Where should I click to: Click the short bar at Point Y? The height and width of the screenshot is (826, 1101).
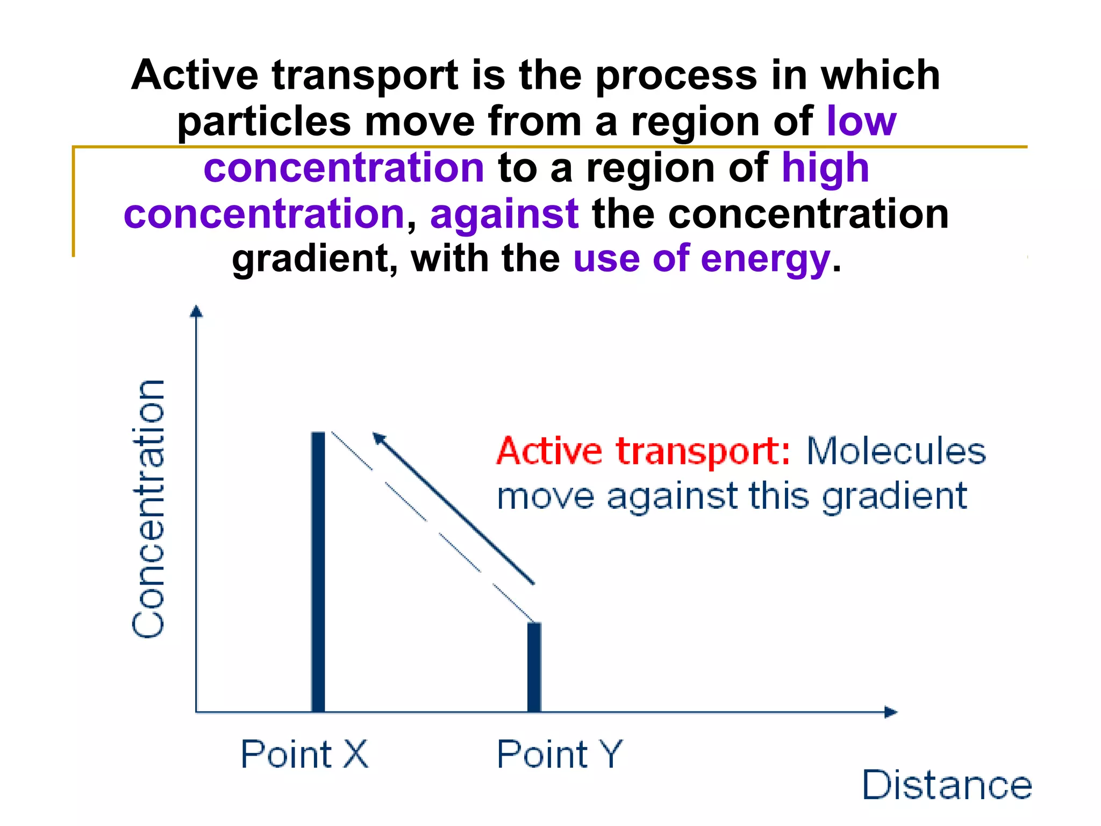pos(534,667)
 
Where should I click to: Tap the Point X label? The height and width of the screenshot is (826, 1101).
pos(304,754)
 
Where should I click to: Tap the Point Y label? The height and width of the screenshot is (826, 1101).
pos(559,754)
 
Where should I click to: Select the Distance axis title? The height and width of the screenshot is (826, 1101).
pos(947,785)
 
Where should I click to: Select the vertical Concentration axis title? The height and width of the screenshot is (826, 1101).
pos(149,509)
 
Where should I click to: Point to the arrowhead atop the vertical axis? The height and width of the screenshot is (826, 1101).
pos(196,311)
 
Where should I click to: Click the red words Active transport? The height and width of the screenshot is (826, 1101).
pos(643,451)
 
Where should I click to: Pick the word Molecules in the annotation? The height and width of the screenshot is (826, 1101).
pos(896,451)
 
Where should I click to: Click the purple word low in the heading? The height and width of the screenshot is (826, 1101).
pos(861,121)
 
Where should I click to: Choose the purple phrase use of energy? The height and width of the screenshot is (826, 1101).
pos(702,259)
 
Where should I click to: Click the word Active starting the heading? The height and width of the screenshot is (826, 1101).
pos(195,75)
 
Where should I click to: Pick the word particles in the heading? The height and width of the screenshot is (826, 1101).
pos(264,121)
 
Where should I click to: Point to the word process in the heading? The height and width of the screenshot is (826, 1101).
pos(676,76)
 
